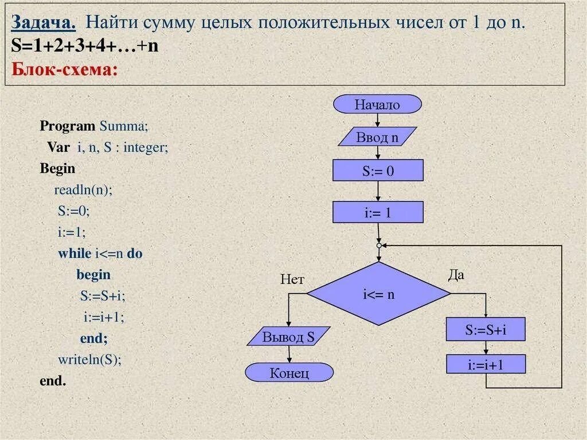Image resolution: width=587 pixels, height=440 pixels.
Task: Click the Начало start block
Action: [x=377, y=104]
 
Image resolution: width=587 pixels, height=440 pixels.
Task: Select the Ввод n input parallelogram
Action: [x=377, y=138]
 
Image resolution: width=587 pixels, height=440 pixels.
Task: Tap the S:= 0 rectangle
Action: [x=378, y=170]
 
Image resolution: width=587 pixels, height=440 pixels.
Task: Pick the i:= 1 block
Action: [x=378, y=212]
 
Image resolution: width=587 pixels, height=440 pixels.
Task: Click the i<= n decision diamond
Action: [x=378, y=294]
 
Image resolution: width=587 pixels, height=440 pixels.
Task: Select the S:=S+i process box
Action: [x=486, y=330]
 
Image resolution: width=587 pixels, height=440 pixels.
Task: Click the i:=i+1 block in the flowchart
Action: [x=486, y=364]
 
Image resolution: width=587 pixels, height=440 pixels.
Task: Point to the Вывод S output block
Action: [x=288, y=337]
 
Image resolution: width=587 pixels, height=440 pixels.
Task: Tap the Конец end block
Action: [x=289, y=373]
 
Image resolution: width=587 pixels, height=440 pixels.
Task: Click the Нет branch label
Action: [x=292, y=279]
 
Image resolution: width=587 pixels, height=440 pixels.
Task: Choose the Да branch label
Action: [x=456, y=275]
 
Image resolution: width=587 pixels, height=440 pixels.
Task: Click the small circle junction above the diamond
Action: [x=378, y=245]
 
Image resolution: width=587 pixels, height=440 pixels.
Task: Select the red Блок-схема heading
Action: [x=65, y=69]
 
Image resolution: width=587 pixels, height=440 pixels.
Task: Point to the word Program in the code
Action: [x=67, y=126]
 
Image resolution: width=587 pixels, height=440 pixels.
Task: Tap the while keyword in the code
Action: [x=75, y=253]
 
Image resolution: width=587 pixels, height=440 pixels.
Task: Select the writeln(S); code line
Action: [x=90, y=360]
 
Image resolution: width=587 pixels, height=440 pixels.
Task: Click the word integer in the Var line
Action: [x=146, y=147]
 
